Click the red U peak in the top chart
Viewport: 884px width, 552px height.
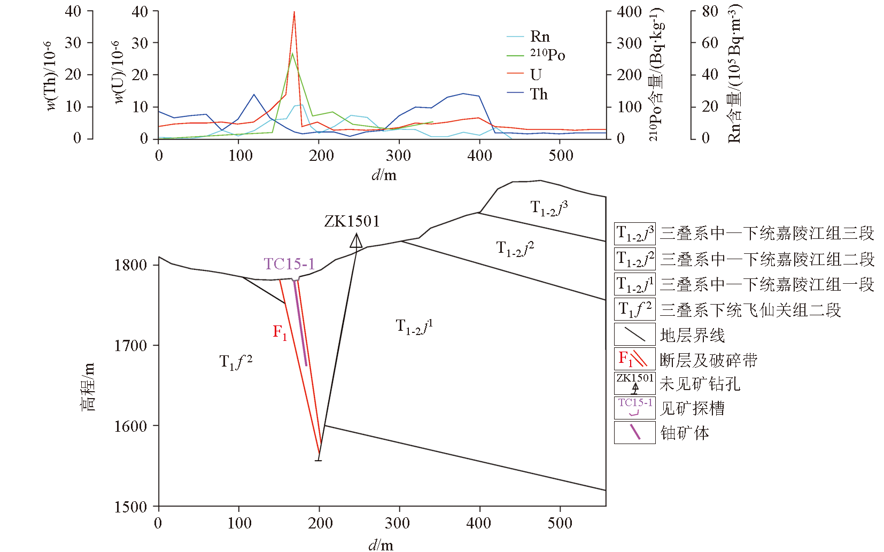point(294,13)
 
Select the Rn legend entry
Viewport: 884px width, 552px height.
point(539,36)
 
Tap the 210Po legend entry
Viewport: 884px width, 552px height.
point(547,55)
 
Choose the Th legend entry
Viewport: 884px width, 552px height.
point(538,94)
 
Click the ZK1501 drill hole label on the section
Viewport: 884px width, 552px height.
point(352,221)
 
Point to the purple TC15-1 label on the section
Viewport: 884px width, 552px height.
point(289,264)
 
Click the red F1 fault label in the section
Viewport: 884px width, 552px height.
point(280,332)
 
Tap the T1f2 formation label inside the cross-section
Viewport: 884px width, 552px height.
point(236,362)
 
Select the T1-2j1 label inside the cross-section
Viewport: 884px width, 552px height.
point(414,326)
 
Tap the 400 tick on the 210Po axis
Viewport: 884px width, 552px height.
point(629,12)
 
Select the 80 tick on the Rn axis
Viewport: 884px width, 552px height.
point(710,11)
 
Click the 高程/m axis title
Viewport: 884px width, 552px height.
point(88,387)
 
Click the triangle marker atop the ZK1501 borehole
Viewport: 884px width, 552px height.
point(356,241)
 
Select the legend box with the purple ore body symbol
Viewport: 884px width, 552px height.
point(634,432)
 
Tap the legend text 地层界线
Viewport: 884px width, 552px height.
point(692,336)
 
